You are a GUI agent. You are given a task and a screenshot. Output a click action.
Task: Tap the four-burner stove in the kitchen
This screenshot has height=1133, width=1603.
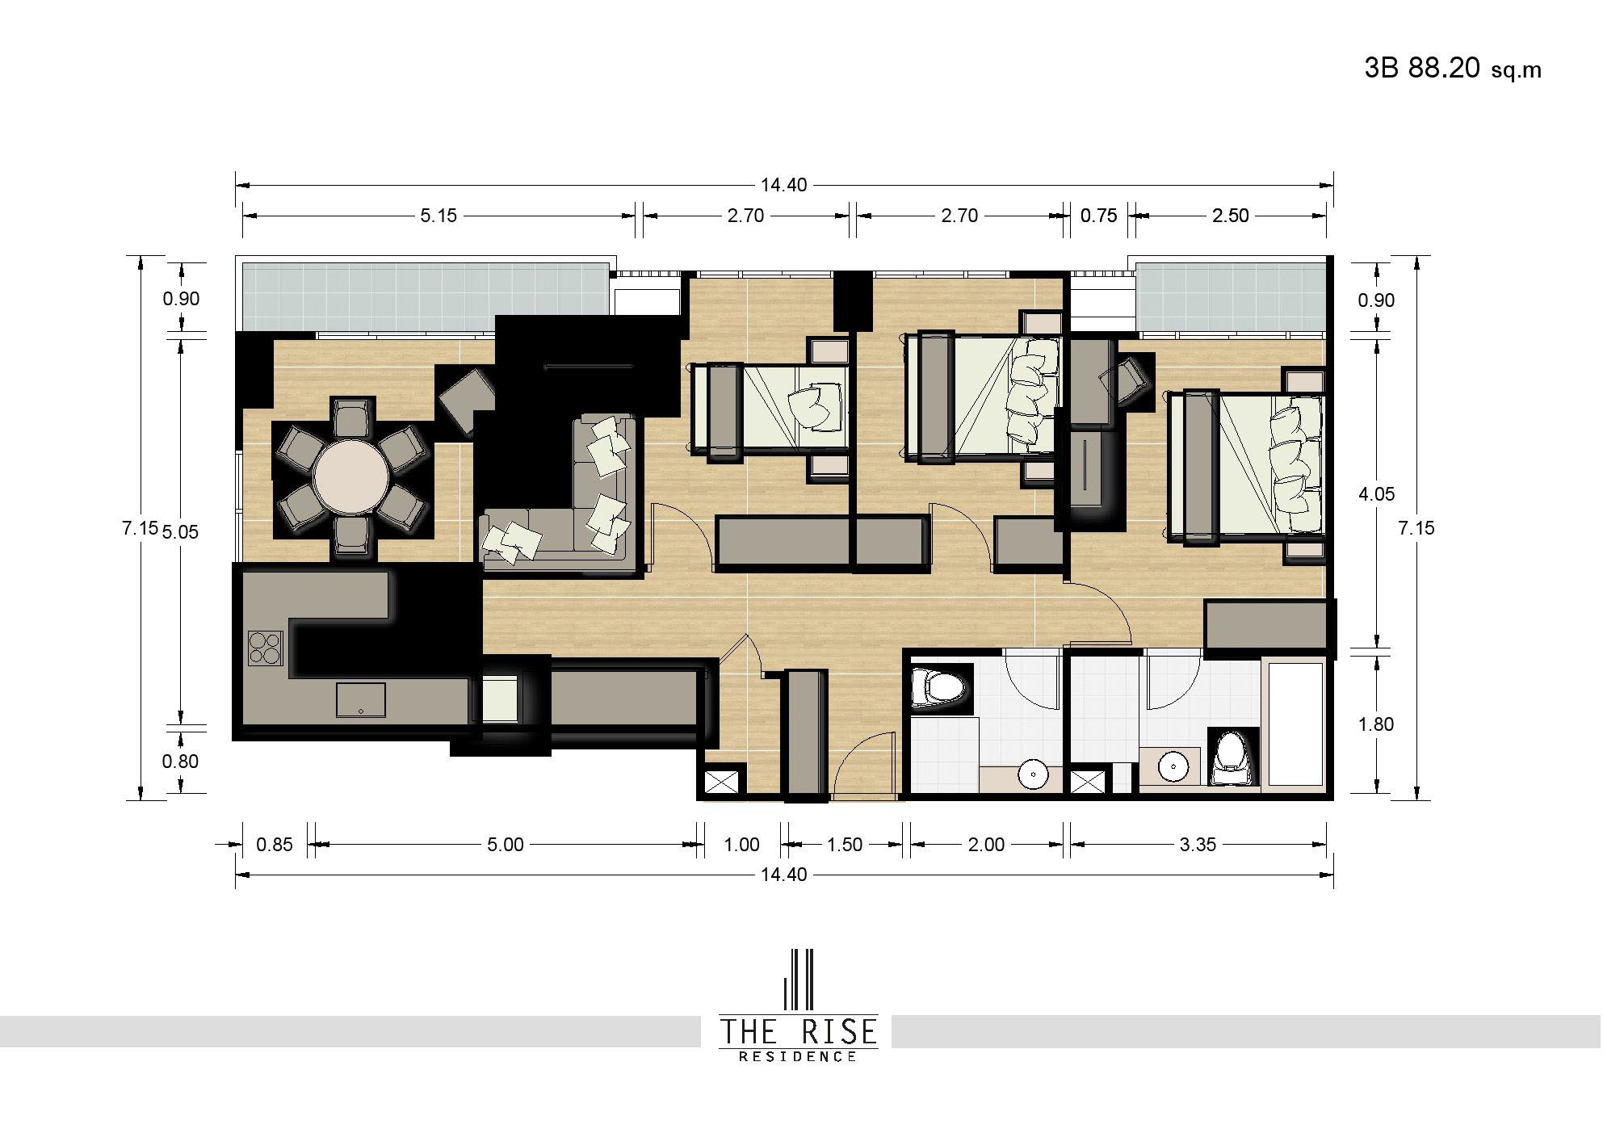(x=266, y=648)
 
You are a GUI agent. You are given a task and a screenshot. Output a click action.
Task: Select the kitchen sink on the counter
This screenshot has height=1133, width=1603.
(x=361, y=699)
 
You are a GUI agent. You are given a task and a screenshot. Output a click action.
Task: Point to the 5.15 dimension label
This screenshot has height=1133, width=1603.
(x=439, y=216)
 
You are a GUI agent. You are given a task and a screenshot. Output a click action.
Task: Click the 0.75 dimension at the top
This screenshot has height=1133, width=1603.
(x=1099, y=216)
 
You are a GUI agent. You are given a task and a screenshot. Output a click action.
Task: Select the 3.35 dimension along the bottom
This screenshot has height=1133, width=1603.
(x=1198, y=845)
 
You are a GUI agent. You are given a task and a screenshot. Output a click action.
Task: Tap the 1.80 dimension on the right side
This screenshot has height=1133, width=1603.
(x=1376, y=724)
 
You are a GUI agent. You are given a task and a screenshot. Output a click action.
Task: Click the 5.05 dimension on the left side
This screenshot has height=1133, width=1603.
(x=179, y=532)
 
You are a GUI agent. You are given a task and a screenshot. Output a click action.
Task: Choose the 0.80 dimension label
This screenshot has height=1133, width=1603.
(x=180, y=762)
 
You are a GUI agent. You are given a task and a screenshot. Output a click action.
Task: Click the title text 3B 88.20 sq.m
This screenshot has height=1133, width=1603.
(x=1453, y=69)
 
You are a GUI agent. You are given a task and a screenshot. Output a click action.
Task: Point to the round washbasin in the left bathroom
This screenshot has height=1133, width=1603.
(x=1033, y=774)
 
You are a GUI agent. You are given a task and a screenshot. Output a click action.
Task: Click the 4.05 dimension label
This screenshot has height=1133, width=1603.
(x=1376, y=494)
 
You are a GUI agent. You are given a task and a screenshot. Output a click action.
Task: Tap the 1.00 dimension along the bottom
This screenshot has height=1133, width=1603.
(x=741, y=845)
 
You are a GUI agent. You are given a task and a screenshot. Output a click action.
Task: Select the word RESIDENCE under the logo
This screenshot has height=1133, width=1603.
(x=798, y=1056)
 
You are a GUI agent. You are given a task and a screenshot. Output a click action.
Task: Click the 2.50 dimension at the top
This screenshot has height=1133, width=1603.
(x=1230, y=216)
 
